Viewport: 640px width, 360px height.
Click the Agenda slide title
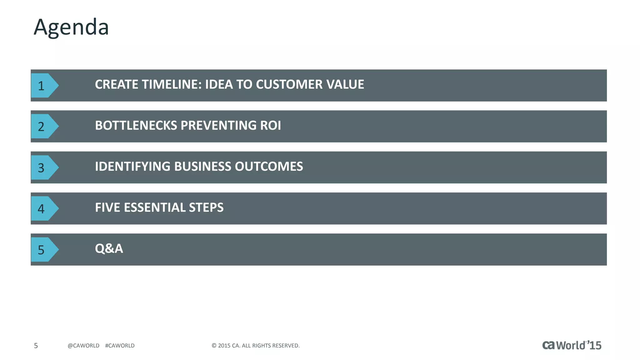71,27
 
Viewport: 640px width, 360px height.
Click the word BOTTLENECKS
136,125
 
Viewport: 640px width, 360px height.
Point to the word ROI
271,125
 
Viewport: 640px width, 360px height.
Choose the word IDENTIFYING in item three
132,166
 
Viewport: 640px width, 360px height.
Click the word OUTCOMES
269,166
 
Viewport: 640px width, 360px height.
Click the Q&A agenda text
109,248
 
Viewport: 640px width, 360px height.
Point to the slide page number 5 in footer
36,346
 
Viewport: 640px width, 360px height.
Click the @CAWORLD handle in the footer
83,346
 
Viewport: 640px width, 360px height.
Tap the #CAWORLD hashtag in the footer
120,346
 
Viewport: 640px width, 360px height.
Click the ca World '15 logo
572,345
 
